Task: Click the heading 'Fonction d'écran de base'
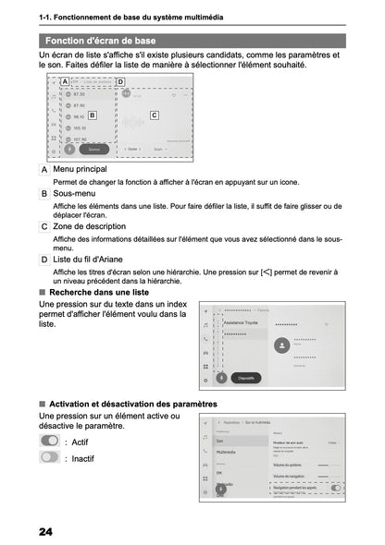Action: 100,41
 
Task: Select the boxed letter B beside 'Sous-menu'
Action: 45,195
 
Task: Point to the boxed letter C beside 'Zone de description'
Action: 45,226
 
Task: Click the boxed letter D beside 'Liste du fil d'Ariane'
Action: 45,259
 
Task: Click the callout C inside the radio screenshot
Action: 154,115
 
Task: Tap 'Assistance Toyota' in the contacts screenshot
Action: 242,323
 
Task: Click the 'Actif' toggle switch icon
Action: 50,442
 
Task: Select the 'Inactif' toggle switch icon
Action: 50,457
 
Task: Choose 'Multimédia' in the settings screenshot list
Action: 227,453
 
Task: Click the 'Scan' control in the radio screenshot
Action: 160,148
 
